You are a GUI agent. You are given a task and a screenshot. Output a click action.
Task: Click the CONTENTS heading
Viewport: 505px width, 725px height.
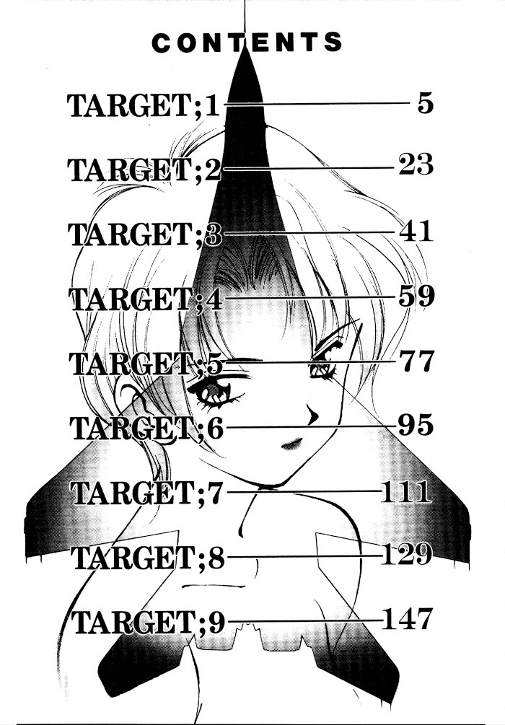[247, 43]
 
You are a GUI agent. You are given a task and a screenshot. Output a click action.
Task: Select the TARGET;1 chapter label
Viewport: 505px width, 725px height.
[144, 105]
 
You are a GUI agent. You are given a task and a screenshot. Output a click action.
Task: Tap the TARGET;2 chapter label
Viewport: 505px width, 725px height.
[145, 170]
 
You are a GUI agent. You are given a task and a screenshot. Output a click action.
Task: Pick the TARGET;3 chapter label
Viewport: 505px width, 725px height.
[145, 234]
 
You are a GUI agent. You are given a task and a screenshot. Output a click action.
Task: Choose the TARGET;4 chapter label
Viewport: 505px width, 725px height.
[146, 299]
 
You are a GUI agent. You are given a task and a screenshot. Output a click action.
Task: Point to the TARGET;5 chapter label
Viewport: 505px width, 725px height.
[146, 363]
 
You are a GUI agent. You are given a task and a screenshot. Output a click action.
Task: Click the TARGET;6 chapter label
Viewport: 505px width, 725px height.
[146, 428]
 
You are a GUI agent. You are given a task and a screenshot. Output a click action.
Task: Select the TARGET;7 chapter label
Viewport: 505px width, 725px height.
[147, 493]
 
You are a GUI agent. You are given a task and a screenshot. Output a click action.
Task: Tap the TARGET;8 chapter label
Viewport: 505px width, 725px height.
[148, 557]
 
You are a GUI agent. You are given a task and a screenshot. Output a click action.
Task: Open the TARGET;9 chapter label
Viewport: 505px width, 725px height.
[149, 622]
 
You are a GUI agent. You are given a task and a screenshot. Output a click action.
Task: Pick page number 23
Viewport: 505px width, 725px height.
[416, 164]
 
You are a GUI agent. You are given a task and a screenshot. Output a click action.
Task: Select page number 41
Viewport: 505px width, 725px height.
[416, 231]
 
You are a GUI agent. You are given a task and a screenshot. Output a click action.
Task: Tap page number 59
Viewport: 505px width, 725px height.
[416, 296]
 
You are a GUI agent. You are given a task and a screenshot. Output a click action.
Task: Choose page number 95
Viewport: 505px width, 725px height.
[416, 425]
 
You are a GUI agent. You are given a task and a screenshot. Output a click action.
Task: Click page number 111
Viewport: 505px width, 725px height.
[406, 493]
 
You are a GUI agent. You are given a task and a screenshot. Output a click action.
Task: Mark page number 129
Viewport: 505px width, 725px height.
[406, 554]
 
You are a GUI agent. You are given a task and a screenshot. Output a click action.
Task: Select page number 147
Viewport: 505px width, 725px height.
[408, 619]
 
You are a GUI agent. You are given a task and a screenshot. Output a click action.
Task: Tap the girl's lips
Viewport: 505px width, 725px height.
[291, 444]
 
